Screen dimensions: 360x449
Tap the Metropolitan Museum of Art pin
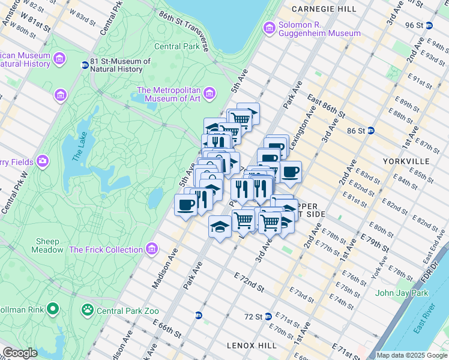pyautogui.click(x=209, y=92)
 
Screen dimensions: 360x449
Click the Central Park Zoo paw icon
pyautogui.click(x=88, y=310)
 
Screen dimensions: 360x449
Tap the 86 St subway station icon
pyautogui.click(x=371, y=130)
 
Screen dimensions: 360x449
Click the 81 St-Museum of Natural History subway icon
pyautogui.click(x=85, y=65)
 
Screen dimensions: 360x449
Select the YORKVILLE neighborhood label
pyautogui.click(x=406, y=161)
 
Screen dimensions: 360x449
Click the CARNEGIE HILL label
pyautogui.click(x=319, y=10)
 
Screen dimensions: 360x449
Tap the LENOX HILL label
pyautogui.click(x=252, y=345)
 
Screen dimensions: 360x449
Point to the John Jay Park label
pyautogui.click(x=401, y=293)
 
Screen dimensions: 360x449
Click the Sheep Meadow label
pyautogui.click(x=48, y=245)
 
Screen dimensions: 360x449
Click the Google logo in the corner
pyautogui.click(x=19, y=353)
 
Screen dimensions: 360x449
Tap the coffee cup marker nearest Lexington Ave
pyautogui.click(x=291, y=172)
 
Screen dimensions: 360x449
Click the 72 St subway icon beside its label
pyautogui.click(x=269, y=316)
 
